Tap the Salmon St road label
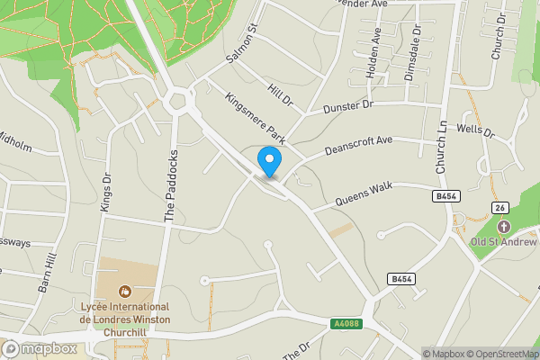tap(242, 42)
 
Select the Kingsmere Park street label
tap(255, 117)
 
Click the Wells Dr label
tap(476, 131)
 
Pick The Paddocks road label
tap(168, 184)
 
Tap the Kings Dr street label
tap(106, 193)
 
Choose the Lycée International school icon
tap(123, 292)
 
